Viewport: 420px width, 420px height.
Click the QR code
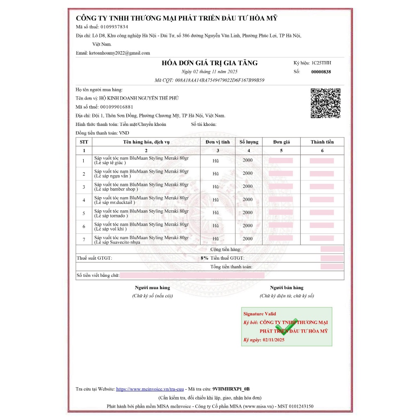coord(325,103)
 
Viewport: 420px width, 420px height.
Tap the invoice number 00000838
coord(321,72)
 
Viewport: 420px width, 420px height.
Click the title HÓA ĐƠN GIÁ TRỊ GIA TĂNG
coord(210,63)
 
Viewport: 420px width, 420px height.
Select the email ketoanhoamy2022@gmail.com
coord(119,53)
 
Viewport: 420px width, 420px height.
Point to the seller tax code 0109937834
coord(114,27)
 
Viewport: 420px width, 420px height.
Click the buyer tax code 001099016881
coord(116,107)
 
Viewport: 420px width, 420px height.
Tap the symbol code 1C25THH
coord(321,63)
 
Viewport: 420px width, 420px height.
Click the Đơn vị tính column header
coord(218,142)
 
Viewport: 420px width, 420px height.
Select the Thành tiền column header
coord(322,142)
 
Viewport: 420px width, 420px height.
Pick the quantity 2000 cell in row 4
coord(248,199)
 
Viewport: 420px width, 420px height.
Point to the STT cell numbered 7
coord(84,240)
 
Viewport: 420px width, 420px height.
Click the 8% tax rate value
coord(204,258)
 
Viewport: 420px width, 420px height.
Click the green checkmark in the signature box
coord(287,327)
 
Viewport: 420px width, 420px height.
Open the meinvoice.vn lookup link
coord(150,389)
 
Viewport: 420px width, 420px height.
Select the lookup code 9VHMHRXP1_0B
coord(231,389)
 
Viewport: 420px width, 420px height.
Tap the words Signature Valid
coord(260,314)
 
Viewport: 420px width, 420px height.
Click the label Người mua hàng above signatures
coord(152,288)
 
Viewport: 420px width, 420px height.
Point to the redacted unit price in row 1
coord(281,160)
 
